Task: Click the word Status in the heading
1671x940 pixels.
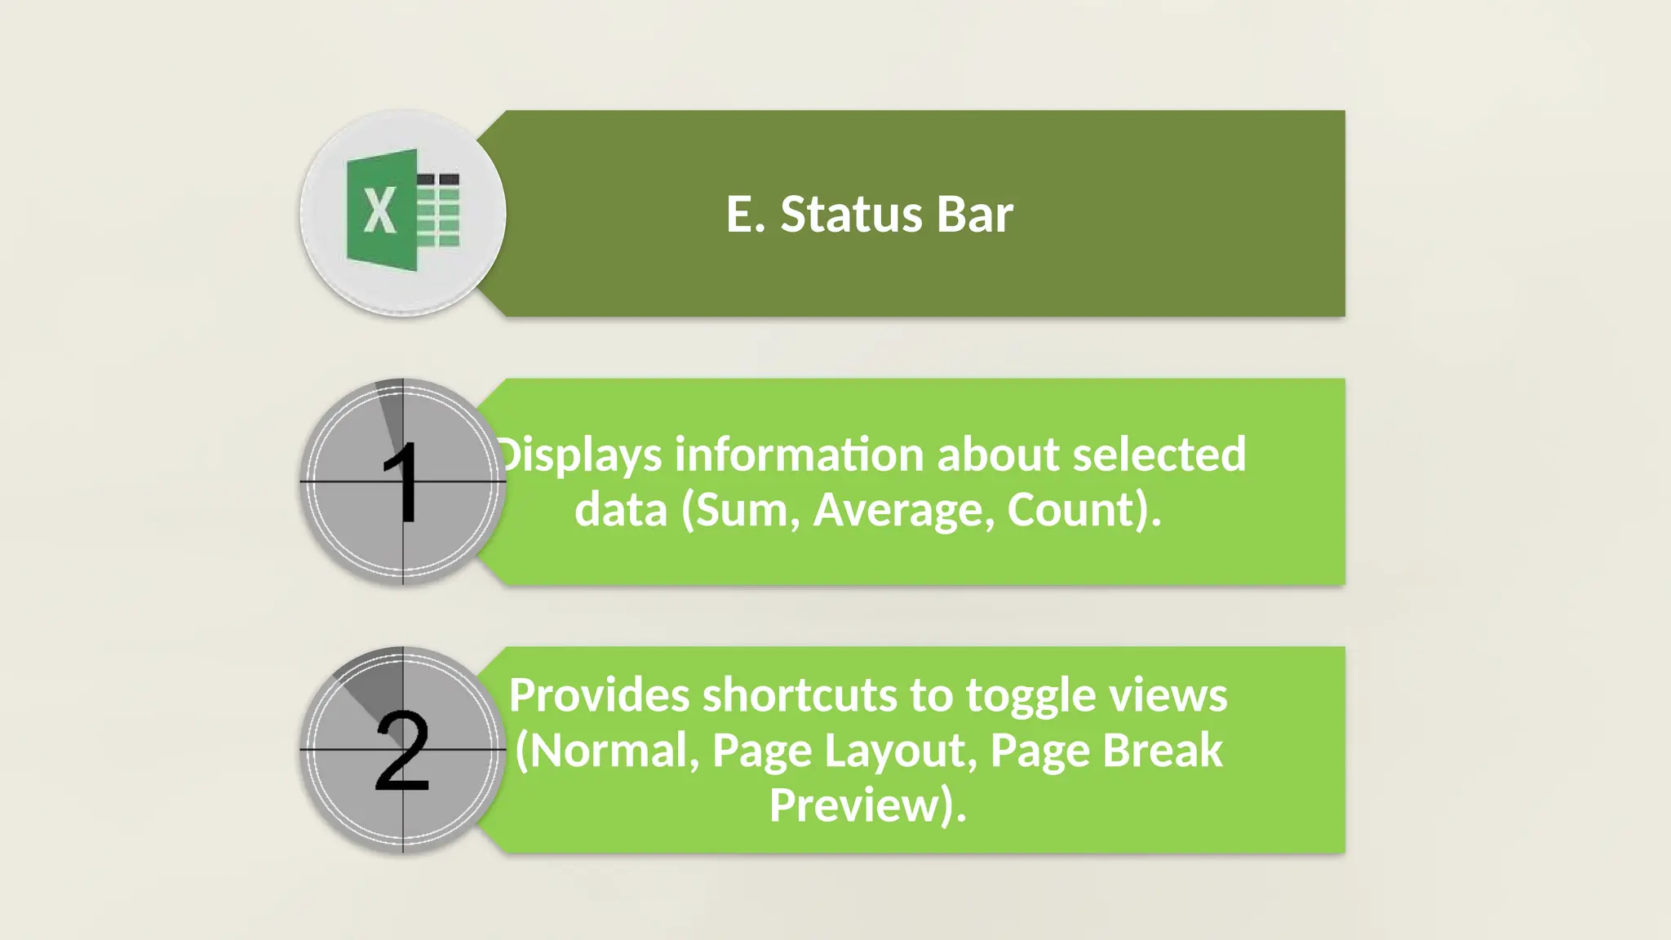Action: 851,215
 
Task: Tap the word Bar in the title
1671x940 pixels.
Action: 974,215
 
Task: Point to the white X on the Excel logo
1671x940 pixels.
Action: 379,211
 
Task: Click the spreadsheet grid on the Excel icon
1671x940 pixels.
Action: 439,210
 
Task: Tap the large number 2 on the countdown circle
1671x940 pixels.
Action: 402,750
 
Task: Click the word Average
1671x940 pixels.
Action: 904,510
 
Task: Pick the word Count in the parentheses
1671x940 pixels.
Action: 1070,510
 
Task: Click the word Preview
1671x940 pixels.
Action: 857,805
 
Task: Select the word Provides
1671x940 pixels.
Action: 599,695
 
